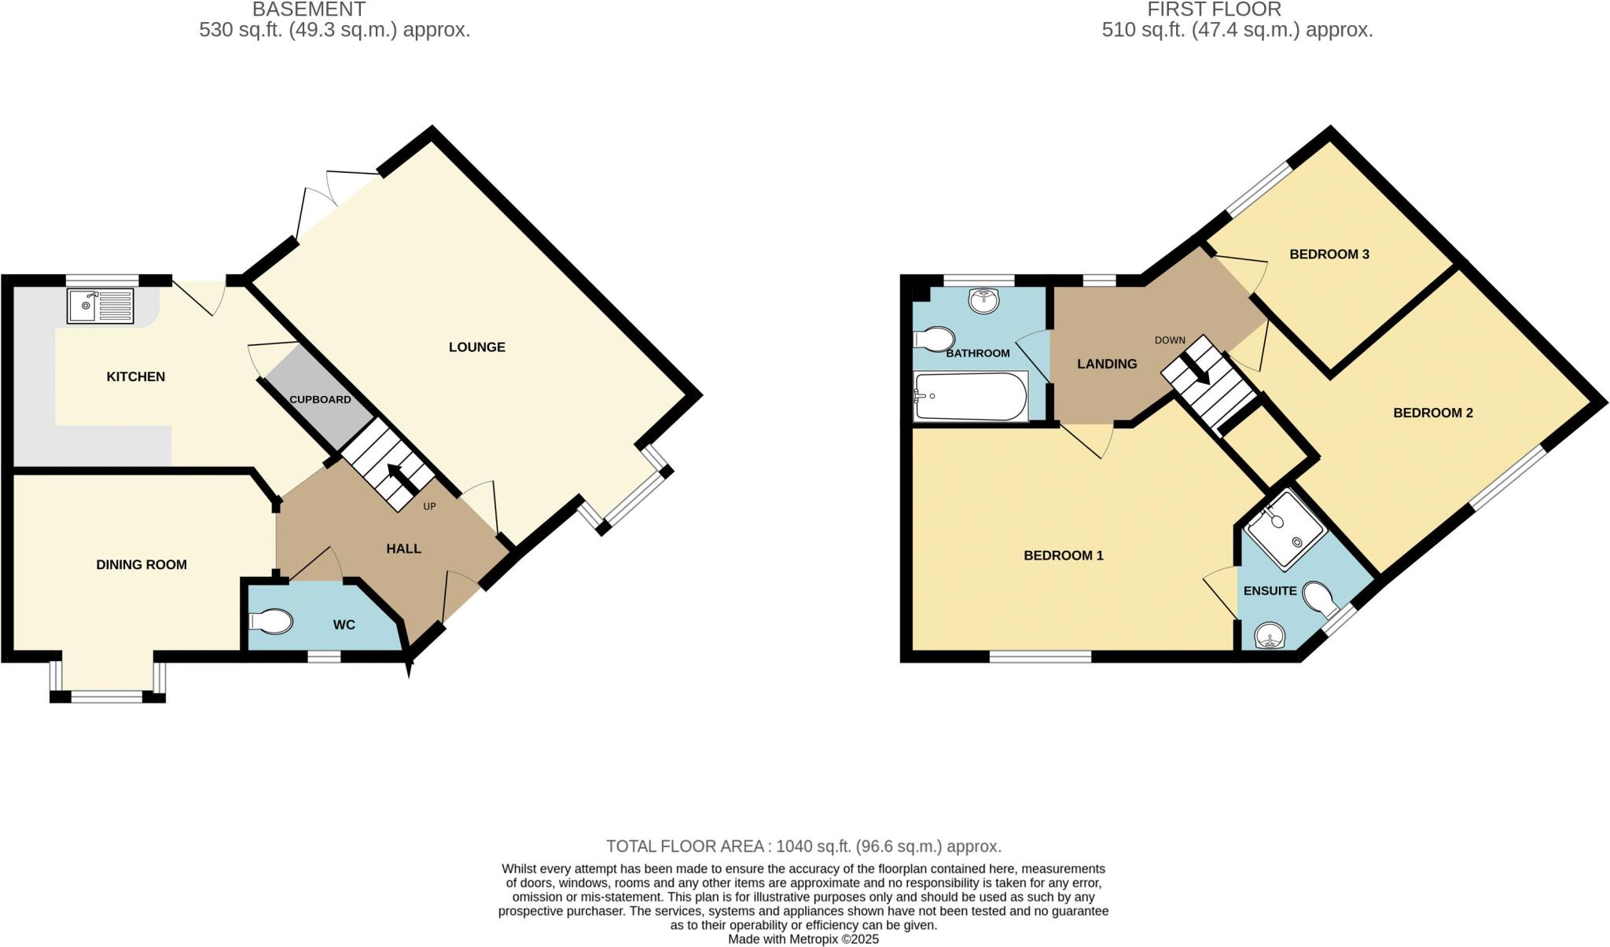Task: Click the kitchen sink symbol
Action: tap(101, 306)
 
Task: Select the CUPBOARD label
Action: tap(320, 399)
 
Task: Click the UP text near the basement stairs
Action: tap(429, 506)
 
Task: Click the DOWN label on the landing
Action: tap(1170, 340)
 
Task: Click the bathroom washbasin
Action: tap(983, 300)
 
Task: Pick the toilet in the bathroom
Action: tap(934, 340)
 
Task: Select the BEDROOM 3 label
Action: tap(1329, 254)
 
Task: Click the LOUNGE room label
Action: tap(476, 347)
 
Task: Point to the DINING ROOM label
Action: tap(142, 564)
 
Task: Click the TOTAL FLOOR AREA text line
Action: tap(803, 846)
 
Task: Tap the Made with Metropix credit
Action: tap(803, 939)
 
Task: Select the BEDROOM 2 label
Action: tap(1432, 413)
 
